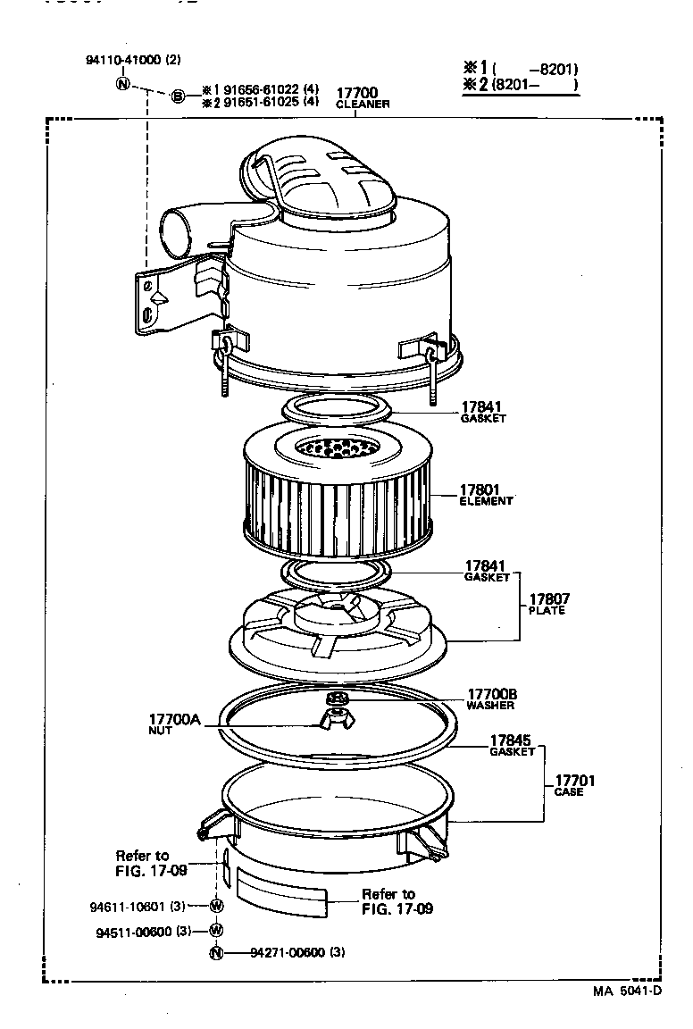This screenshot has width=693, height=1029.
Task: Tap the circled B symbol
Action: coord(178,96)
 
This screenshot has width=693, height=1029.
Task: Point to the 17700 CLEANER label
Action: coord(362,98)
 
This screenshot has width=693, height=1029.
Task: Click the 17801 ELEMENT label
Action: coord(486,495)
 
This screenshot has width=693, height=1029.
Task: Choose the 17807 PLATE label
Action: coord(548,604)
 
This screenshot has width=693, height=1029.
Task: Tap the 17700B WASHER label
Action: coord(490,699)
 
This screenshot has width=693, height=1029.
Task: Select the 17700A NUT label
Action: coord(173,724)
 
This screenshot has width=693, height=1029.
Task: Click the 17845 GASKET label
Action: coord(512,746)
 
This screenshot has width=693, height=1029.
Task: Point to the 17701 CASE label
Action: coord(574,786)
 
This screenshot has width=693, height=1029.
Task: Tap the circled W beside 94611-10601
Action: coord(216,906)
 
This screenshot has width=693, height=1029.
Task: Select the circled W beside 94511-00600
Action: coord(216,930)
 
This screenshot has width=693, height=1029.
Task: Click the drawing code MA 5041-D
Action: coord(627,991)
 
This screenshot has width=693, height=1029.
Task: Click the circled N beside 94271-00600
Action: coord(215,952)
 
